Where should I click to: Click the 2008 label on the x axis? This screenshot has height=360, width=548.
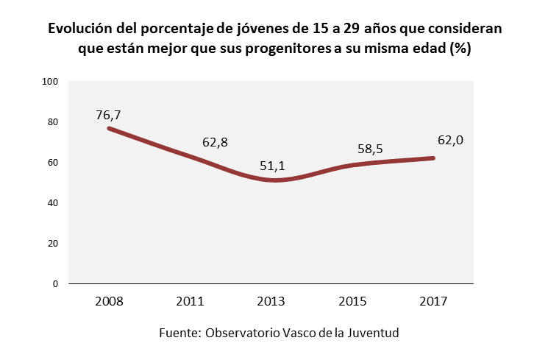click(109, 301)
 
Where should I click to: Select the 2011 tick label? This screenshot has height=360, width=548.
click(190, 301)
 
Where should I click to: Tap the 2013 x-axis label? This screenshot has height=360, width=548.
click(271, 301)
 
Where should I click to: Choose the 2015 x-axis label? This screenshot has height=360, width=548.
click(352, 301)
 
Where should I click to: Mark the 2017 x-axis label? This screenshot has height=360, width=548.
click(433, 301)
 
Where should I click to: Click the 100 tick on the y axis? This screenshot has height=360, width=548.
click(50, 82)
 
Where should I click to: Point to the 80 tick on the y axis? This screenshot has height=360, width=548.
click(53, 122)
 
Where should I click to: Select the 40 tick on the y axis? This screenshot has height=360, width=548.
click(53, 203)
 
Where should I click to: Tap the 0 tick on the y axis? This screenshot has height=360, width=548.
click(55, 283)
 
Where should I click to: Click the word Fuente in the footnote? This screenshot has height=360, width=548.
click(179, 333)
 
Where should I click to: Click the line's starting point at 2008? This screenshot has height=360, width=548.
click(109, 128)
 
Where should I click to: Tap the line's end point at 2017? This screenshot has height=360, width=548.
click(433, 158)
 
